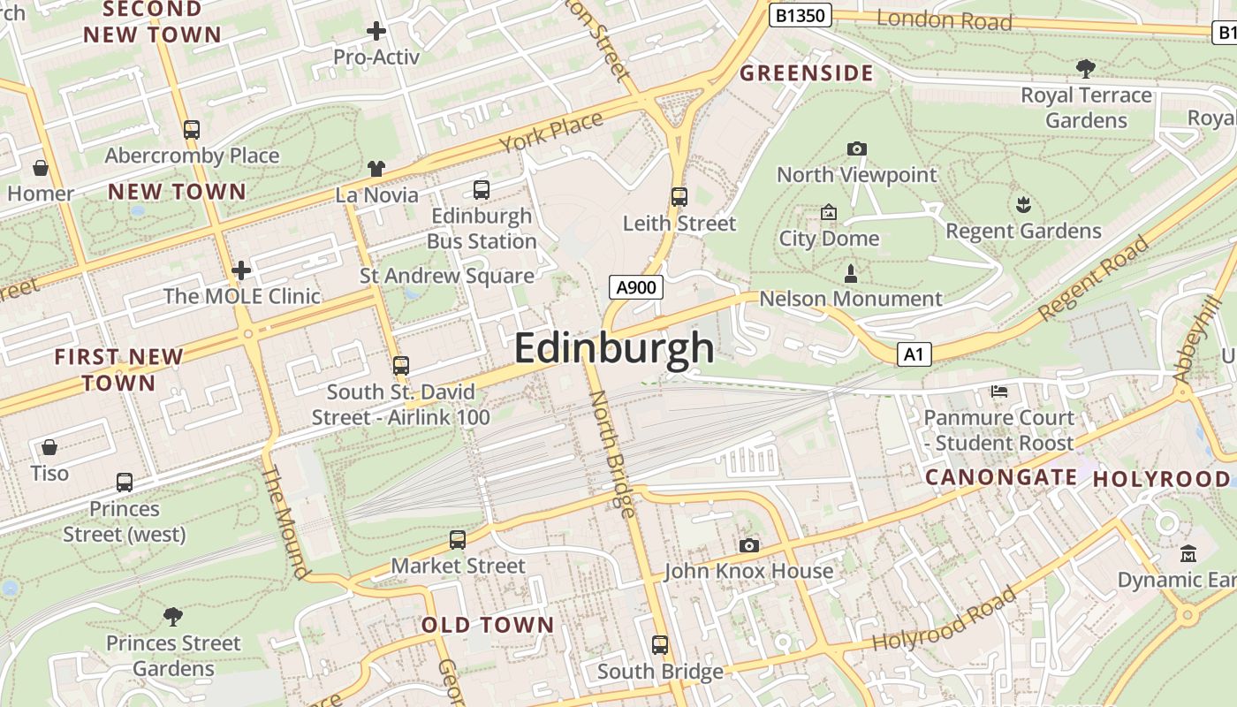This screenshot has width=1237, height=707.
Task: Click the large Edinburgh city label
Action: pos(614,347)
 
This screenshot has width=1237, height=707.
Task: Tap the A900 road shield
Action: pos(635,287)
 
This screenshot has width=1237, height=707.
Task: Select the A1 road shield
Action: pos(914,354)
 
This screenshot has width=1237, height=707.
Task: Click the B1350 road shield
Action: pos(800,15)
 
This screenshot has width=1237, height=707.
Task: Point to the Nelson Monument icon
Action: pos(851,272)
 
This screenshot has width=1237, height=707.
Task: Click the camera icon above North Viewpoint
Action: pos(856,148)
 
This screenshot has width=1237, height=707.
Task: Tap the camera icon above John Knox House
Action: pos(749,545)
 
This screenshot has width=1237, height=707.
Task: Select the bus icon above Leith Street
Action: pos(679,196)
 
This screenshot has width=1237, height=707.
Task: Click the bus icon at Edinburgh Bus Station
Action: pos(482,189)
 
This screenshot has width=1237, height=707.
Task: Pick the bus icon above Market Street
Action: pos(457,539)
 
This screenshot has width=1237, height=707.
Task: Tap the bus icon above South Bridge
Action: pos(659,644)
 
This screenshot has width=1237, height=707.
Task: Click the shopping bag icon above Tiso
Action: pos(49,447)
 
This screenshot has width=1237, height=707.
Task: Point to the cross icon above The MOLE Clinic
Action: pos(241,270)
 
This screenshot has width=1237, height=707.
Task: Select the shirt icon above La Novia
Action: pos(376,168)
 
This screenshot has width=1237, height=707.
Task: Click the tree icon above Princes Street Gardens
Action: pos(173,616)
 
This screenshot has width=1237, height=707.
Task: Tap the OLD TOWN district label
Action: pos(488,625)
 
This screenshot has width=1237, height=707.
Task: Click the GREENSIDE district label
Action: pos(806,72)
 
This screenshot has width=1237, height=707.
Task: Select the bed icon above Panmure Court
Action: pos(998,391)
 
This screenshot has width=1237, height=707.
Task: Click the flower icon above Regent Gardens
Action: pos(1023,205)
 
